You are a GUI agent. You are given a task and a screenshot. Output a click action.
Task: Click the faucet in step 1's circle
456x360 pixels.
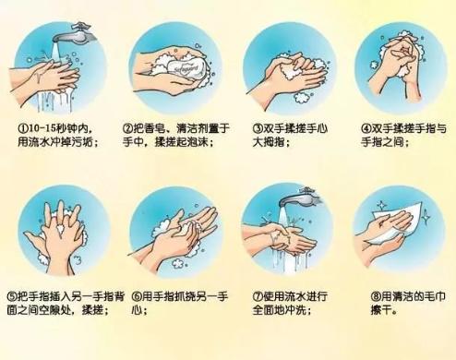point(74,34)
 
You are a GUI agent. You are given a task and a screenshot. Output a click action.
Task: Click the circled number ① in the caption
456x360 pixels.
point(23,128)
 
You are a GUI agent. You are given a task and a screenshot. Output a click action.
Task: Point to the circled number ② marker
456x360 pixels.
point(127,128)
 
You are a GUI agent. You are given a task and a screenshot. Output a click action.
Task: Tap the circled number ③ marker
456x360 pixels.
point(258,128)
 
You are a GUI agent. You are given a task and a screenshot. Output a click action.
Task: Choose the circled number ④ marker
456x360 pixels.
point(366,128)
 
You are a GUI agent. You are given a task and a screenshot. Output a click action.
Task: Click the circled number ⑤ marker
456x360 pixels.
point(12,296)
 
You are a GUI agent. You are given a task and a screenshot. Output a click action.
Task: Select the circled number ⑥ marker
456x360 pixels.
point(137,296)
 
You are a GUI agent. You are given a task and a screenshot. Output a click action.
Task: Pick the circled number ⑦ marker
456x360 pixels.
point(258,296)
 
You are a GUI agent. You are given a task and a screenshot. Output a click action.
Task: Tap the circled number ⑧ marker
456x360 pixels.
point(376,296)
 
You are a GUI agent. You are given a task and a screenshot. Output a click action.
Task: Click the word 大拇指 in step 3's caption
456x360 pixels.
point(269,142)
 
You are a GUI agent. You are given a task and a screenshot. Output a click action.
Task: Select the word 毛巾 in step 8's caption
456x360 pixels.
point(435,296)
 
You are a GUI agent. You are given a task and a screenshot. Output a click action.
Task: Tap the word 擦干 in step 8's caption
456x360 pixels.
point(381,310)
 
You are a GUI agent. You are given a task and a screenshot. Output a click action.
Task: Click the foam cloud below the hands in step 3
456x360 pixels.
point(303,97)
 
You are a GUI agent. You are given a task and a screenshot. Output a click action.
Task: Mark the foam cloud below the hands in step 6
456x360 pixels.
point(178,264)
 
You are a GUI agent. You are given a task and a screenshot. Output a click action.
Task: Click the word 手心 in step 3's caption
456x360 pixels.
point(318,128)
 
